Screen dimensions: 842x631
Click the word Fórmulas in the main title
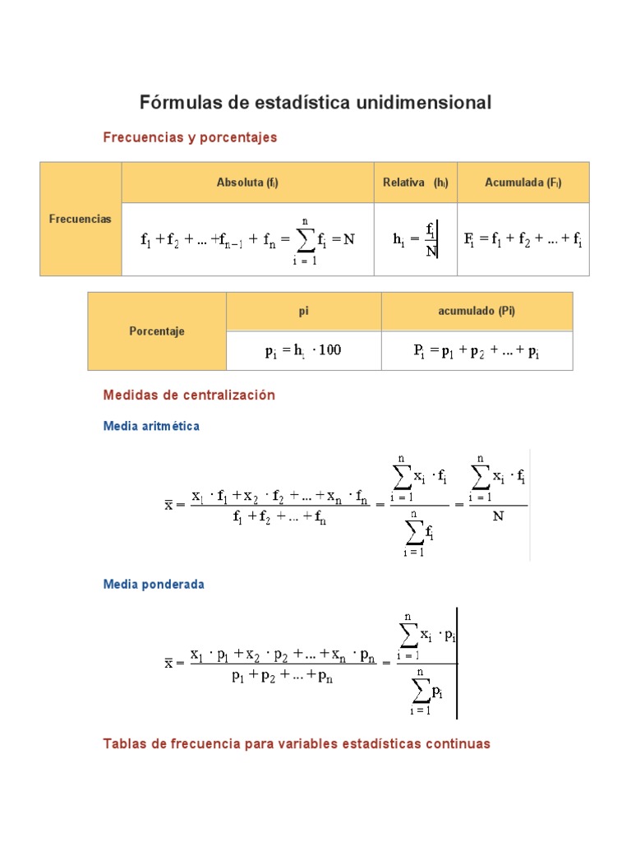176,103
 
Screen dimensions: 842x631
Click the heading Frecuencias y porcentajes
190,137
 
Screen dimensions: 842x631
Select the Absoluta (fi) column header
247,183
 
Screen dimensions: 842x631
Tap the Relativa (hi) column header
415,183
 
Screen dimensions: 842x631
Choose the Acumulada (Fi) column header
523,183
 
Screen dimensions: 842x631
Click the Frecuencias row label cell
81,219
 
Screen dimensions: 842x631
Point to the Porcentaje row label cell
157,331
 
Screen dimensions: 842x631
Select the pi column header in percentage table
303,312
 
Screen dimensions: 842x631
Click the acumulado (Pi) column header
477,312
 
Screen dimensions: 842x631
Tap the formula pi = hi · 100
302,351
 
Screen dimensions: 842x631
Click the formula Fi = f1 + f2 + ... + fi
523,239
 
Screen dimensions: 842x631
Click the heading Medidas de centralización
189,395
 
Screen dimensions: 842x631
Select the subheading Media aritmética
151,427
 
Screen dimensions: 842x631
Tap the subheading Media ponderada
154,584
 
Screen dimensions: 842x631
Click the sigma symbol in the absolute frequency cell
305,239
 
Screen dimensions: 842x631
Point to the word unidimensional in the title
423,103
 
